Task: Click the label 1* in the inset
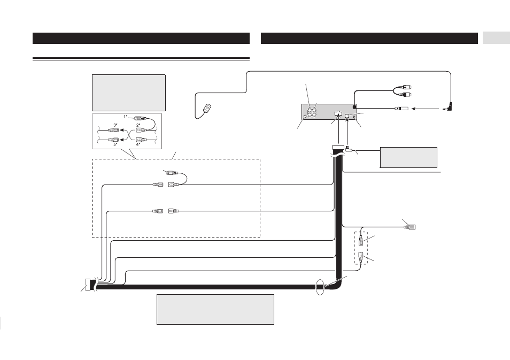tap(125, 117)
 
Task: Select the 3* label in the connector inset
tap(115, 125)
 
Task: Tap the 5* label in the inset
tap(115, 144)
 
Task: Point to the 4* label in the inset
tap(138, 144)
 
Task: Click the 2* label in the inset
tap(138, 125)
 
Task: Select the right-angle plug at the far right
tap(449, 107)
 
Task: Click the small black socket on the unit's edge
tap(355, 107)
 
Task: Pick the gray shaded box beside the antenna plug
tap(408, 158)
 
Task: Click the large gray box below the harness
tap(215, 310)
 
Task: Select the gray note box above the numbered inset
tap(129, 93)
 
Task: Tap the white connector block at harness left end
tap(88, 285)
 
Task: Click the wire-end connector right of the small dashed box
tap(411, 227)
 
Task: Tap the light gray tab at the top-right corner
tap(496, 38)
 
